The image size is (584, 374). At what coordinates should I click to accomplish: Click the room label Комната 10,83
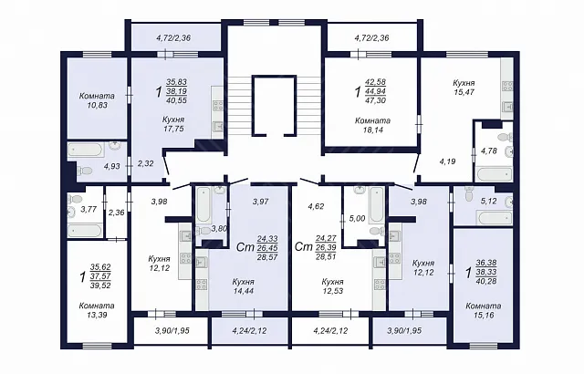point(97,100)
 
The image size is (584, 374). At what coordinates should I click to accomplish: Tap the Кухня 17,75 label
point(173,124)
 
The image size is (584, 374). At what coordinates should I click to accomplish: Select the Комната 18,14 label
point(372,125)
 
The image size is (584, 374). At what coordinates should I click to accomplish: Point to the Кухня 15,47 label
point(464,88)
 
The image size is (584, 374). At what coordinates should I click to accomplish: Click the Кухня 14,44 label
point(244,286)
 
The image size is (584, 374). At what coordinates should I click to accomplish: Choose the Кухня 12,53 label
point(332,286)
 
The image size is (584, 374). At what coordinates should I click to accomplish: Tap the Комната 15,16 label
point(484,311)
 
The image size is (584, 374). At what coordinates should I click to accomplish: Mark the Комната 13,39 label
point(97,310)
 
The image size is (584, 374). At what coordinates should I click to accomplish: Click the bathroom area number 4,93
point(111,166)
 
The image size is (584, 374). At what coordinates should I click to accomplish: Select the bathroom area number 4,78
point(489,151)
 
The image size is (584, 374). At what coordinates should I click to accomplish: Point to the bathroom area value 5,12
point(489,202)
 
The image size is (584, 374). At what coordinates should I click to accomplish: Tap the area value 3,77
point(89,209)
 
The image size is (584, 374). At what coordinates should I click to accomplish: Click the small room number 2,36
point(117,213)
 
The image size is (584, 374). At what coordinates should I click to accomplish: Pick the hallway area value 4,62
point(316,206)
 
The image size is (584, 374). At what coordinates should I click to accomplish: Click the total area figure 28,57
point(267,257)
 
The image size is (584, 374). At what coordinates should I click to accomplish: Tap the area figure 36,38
point(486,263)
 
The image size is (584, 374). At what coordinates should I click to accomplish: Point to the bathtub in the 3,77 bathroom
point(84,231)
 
